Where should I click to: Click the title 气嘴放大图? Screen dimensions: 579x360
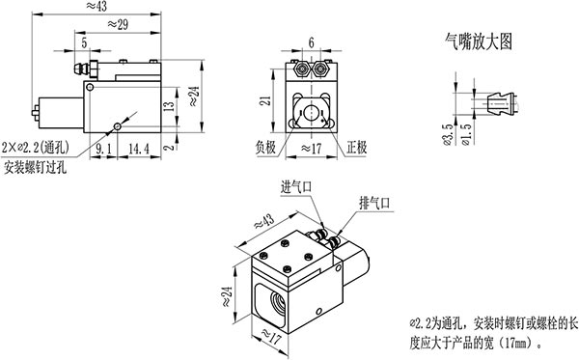pos(479,42)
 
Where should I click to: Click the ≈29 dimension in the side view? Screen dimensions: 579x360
pos(118,25)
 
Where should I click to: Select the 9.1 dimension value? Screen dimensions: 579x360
pos(103,149)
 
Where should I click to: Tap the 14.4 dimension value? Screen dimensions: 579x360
pos(139,149)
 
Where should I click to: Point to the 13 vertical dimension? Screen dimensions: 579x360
pos(169,106)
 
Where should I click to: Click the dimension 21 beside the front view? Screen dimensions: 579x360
pos(265,100)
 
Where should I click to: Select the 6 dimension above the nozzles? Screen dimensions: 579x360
pos(312,42)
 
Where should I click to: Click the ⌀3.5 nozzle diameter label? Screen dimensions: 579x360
pos(447,135)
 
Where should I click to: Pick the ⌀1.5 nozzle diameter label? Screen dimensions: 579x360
pos(466,135)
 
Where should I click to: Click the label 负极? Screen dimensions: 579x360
pos(266,148)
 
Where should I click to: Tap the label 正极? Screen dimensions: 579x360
pos(357,148)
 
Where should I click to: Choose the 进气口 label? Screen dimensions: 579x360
pos(296,187)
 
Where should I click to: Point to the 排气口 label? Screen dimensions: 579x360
pos(374,203)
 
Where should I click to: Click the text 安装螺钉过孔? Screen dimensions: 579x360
pos(35,168)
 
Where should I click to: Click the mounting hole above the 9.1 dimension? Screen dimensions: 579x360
pos(118,126)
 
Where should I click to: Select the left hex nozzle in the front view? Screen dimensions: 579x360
pos(303,69)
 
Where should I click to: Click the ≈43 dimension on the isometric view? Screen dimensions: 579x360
pos(264,222)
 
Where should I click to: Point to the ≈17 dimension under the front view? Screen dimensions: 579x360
pos(312,149)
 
